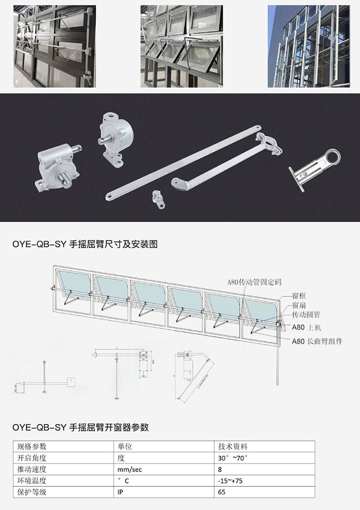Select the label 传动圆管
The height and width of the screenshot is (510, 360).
(306, 315)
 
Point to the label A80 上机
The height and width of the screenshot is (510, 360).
(305, 327)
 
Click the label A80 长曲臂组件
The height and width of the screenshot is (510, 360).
(317, 341)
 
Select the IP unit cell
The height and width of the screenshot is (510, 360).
(119, 491)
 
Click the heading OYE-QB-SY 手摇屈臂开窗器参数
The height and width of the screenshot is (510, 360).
(81, 427)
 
